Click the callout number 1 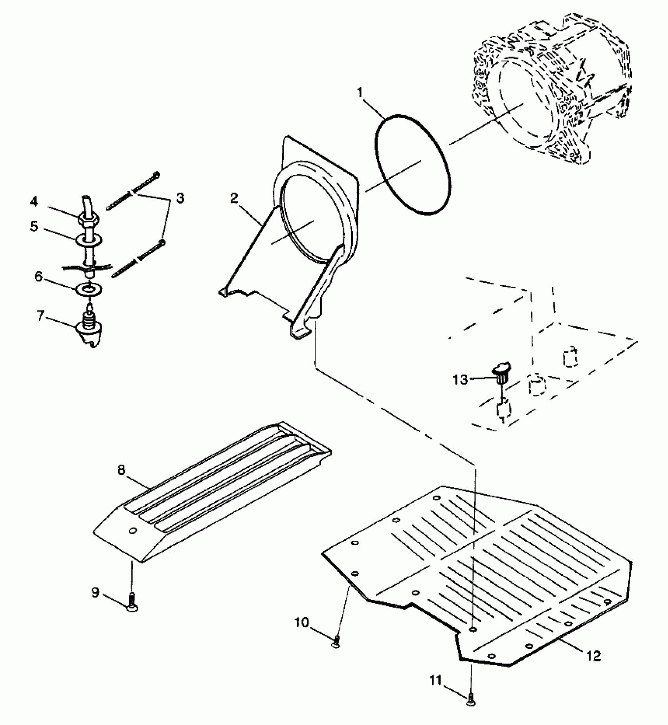click(x=360, y=93)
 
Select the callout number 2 click(x=234, y=198)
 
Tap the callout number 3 click(x=180, y=198)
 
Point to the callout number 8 click(x=121, y=470)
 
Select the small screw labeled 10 click(x=336, y=643)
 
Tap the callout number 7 click(x=40, y=316)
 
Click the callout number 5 click(x=35, y=227)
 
